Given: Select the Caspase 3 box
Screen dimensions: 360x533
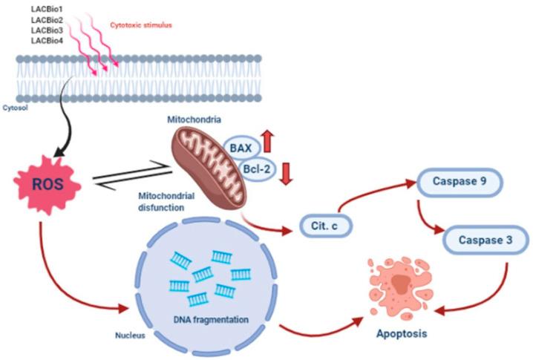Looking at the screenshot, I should [x=486, y=240].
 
